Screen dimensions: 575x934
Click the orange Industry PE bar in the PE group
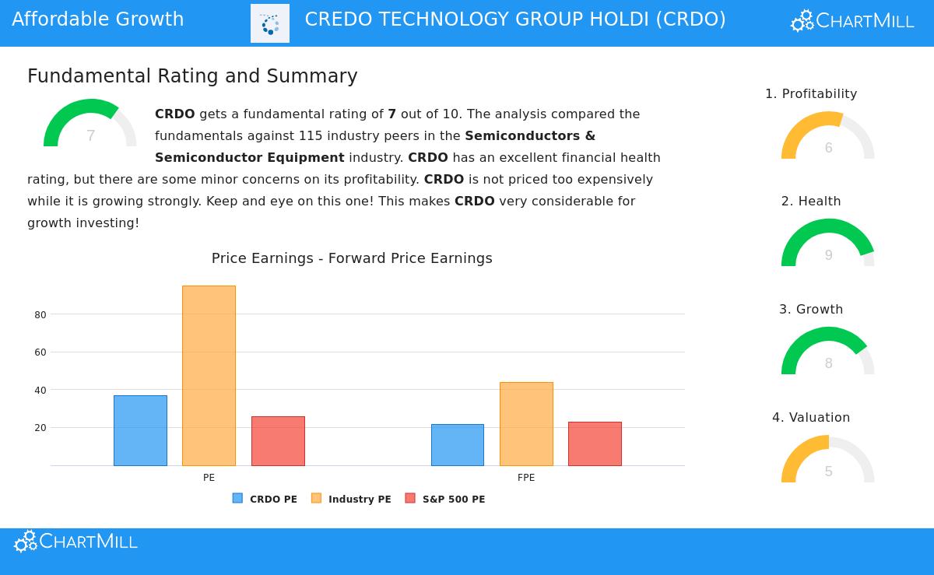(x=209, y=376)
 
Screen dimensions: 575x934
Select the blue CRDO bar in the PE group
(x=140, y=430)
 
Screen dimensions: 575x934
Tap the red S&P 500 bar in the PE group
(x=278, y=441)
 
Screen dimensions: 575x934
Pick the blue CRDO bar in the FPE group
(x=458, y=445)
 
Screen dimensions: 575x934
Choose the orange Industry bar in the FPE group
(x=526, y=424)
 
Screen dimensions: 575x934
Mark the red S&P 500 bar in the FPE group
(x=595, y=444)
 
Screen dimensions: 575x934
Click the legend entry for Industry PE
(x=351, y=499)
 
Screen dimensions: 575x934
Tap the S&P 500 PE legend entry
(x=445, y=499)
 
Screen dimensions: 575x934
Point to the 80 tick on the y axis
(x=40, y=315)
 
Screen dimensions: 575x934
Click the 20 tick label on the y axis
(x=40, y=428)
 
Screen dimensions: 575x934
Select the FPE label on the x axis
(x=526, y=478)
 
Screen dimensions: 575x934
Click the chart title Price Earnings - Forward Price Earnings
(x=352, y=258)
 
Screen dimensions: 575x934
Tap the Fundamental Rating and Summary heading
(x=192, y=76)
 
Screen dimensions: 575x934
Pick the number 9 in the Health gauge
(x=828, y=255)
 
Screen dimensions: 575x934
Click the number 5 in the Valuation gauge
(x=828, y=472)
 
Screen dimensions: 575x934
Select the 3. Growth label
(x=811, y=309)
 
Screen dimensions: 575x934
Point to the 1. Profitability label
(x=811, y=93)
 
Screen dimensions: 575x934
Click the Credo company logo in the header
(x=270, y=23)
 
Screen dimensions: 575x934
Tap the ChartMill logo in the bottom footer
(x=75, y=541)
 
